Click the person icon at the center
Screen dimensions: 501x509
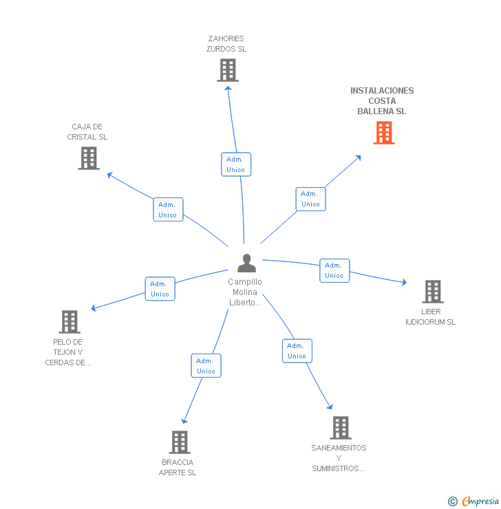(246, 263)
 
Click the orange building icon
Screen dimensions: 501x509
(384, 133)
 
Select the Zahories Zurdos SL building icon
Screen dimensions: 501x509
(228, 70)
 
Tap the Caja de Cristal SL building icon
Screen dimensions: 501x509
(88, 158)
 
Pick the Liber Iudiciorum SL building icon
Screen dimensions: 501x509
(432, 292)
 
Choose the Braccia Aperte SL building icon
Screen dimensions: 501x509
(179, 442)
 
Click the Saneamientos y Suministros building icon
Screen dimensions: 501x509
(340, 428)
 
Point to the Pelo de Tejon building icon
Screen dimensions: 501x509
(70, 322)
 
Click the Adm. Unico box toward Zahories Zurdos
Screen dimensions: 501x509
(235, 164)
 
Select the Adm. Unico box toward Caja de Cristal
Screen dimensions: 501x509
(168, 210)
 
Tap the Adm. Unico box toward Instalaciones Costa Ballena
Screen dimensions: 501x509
(310, 199)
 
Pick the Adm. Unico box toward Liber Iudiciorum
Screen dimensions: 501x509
(334, 270)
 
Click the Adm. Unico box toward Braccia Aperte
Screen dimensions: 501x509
(206, 366)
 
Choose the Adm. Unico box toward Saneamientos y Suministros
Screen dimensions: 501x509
(297, 351)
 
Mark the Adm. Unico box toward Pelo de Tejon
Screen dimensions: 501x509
(160, 289)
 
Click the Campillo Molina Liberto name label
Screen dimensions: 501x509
(245, 292)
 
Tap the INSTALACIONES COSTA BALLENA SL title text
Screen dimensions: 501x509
(382, 101)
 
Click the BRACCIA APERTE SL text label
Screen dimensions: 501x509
(178, 468)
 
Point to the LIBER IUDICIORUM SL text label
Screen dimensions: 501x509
(430, 317)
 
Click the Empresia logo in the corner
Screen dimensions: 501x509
(475, 501)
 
